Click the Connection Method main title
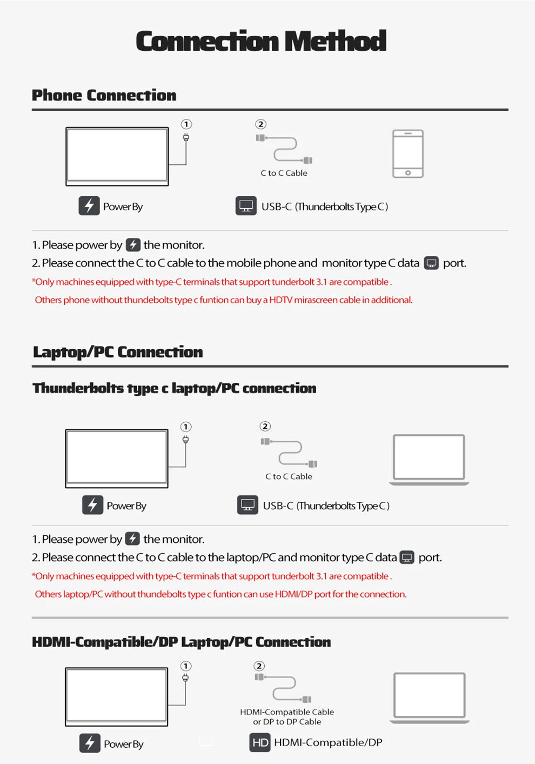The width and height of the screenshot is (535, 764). point(261,41)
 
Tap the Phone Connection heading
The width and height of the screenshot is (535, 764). point(104,95)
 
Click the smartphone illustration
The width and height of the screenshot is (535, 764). point(408,154)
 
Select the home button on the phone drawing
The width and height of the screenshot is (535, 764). point(408,173)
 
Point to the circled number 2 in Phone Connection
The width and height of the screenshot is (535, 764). point(261,124)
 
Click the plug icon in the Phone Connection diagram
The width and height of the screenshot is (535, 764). point(186,137)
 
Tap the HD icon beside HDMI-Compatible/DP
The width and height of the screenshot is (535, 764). point(260,742)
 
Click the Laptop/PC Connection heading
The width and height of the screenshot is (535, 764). point(118,353)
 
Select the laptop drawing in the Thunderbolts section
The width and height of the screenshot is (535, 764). point(429,460)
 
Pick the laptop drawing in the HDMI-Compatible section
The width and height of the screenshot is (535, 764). point(429,698)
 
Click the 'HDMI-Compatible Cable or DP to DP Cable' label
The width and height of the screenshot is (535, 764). point(287,716)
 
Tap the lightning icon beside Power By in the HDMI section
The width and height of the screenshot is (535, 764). point(90,743)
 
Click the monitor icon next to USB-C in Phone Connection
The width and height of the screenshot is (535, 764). point(246,205)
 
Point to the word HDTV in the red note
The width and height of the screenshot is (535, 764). point(280,300)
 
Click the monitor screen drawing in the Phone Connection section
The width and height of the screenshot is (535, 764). point(117,157)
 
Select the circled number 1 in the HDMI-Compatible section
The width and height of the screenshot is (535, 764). point(185,666)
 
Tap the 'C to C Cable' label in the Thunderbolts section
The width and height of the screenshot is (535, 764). point(289,476)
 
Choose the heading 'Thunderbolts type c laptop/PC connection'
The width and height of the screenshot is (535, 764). point(175,388)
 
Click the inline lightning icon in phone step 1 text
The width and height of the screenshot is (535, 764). point(133,245)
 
